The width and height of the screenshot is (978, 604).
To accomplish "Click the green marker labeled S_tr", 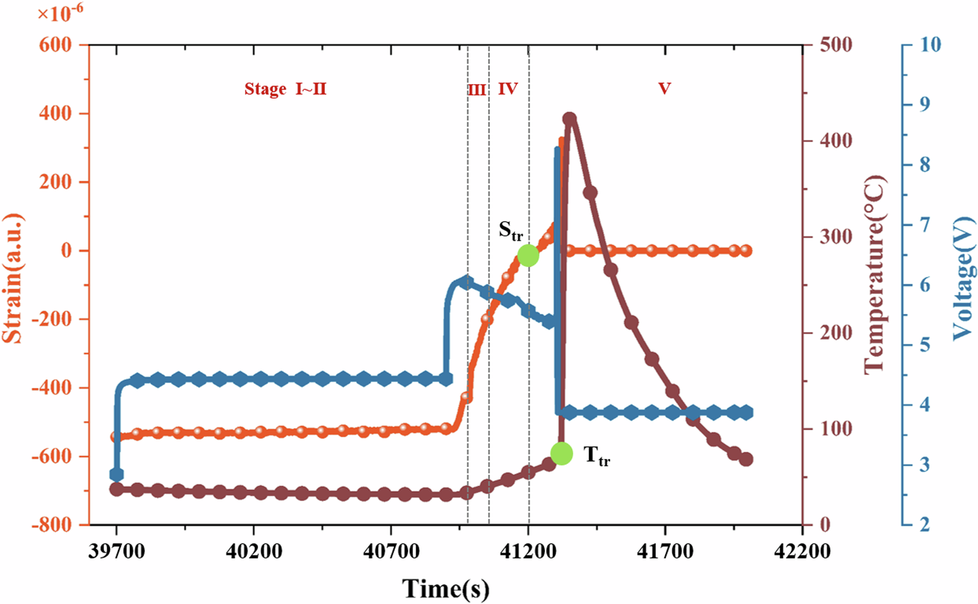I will coord(528,255).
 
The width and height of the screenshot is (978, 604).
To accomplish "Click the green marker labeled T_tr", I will coord(561,453).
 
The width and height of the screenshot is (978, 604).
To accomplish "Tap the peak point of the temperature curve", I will coord(569,119).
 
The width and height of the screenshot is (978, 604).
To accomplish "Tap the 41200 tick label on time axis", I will coord(528,551).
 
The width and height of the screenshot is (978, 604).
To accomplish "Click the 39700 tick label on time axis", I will coord(116,551).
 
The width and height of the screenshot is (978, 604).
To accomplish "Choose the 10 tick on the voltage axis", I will coord(929,45).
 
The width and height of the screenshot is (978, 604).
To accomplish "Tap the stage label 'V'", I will coord(664,88).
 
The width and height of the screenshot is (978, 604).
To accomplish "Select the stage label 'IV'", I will coord(508,89).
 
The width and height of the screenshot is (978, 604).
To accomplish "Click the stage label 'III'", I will coord(477,90).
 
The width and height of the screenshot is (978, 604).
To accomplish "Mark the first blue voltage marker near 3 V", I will coord(116,474).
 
